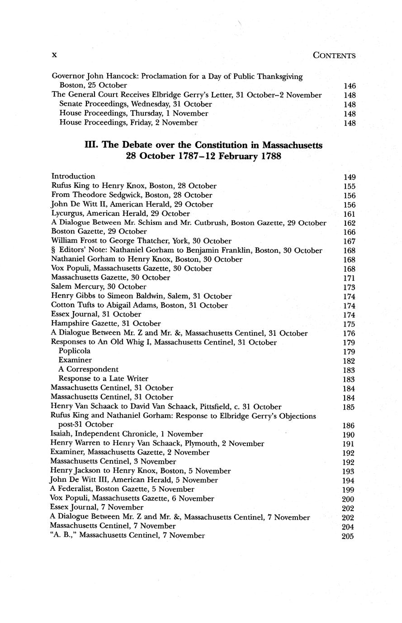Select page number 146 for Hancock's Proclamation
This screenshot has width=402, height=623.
point(350,86)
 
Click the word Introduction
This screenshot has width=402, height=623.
point(73,176)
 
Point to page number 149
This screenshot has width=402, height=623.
point(350,177)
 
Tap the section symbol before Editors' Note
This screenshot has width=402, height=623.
point(53,251)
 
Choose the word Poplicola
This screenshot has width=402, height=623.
point(75,351)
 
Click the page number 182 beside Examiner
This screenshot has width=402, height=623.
point(350,361)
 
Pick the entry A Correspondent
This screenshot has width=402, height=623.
point(89,369)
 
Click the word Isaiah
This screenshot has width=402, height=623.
point(61,434)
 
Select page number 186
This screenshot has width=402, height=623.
point(350,426)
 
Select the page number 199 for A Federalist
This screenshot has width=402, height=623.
point(349,490)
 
